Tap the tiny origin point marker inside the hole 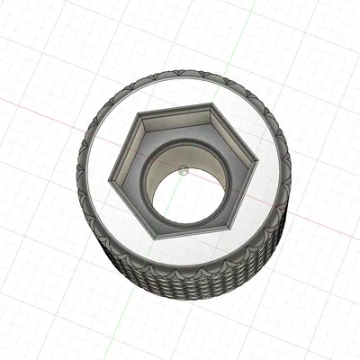tap(182, 167)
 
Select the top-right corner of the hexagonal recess tap(216, 104)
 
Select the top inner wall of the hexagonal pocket tap(178, 117)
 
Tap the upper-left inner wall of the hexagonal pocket tap(128, 147)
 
